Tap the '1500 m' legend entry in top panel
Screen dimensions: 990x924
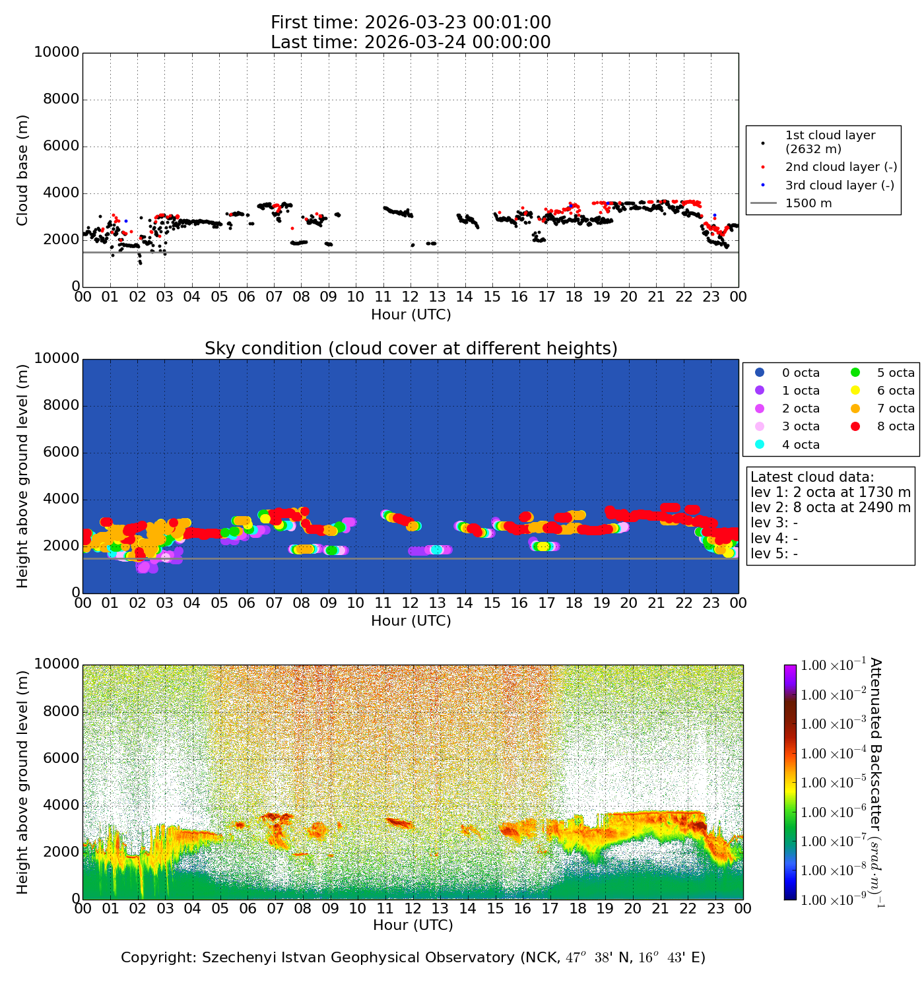tap(808, 203)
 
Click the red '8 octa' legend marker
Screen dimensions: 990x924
tap(855, 426)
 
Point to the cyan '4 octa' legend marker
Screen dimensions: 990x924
tap(760, 445)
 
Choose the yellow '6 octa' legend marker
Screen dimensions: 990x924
tap(855, 391)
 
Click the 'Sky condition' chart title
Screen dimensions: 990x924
tap(411, 348)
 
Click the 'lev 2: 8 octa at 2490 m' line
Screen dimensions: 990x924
tap(830, 508)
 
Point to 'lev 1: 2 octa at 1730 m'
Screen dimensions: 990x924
tap(830, 492)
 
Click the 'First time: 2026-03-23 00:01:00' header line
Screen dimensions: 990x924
tap(411, 23)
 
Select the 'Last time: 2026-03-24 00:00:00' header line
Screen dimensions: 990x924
tap(411, 42)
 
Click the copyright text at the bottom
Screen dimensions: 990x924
tap(413, 958)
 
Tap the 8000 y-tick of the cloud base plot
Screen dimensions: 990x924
tap(61, 100)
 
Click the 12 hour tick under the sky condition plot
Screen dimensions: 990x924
tap(410, 603)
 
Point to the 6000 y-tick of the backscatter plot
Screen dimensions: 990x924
tap(61, 758)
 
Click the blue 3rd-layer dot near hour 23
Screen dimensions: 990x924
tap(714, 215)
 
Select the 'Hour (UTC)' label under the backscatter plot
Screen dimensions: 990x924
tap(413, 925)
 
